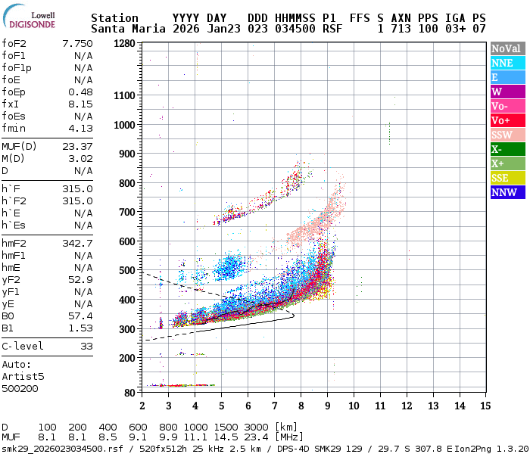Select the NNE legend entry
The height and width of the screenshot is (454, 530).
(507, 63)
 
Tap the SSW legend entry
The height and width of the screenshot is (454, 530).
(507, 135)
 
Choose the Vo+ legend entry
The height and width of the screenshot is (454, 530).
(507, 120)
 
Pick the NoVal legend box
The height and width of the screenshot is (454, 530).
(507, 48)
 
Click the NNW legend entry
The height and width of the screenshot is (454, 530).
(507, 192)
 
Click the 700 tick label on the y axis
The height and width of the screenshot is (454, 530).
(127, 212)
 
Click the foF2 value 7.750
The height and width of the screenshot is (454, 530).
(79, 43)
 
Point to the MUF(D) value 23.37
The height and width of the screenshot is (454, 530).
(79, 146)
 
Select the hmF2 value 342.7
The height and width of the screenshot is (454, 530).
(79, 243)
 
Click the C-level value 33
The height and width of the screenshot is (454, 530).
(86, 346)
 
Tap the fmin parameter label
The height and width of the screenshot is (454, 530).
(14, 128)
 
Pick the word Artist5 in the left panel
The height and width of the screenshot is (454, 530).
(23, 376)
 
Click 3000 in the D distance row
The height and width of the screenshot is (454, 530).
(257, 428)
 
